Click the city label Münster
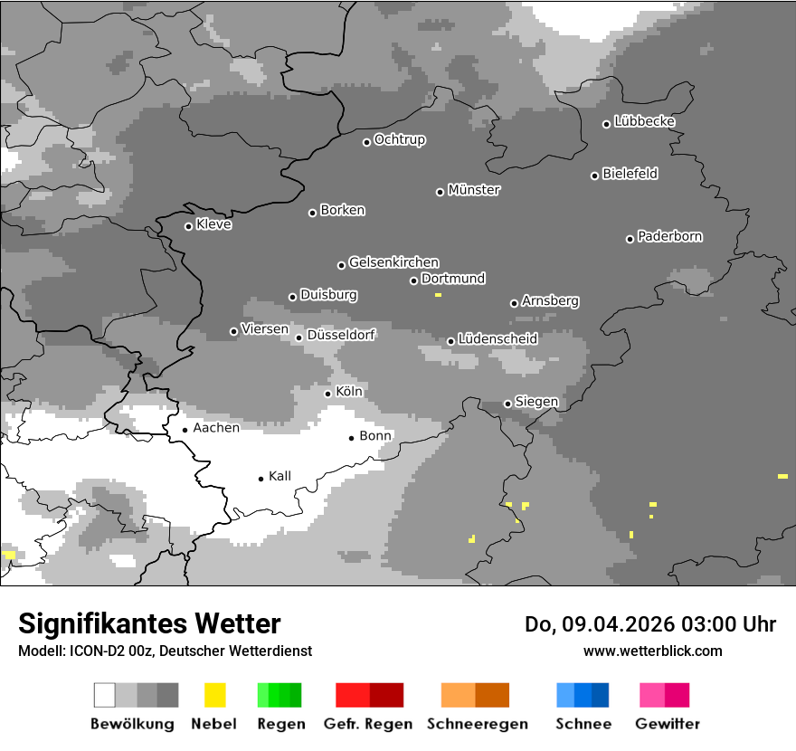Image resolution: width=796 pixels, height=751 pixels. click(474, 190)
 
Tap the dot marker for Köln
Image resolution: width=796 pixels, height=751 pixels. click(327, 394)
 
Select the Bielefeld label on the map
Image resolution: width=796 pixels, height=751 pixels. click(630, 174)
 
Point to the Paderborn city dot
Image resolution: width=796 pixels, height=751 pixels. click(630, 239)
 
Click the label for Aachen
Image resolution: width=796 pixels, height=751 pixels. click(216, 428)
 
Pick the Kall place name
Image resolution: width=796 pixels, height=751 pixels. click(280, 476)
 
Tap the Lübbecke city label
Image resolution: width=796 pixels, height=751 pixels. click(645, 121)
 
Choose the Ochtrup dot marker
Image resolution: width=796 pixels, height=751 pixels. click(366, 142)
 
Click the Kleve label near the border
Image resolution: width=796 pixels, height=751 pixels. click(214, 224)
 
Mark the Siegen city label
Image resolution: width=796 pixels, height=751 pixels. click(537, 402)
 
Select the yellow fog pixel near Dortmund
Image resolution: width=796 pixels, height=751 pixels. click(438, 295)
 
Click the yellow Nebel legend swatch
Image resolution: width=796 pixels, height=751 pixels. click(214, 695)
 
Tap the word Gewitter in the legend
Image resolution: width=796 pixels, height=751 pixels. click(668, 724)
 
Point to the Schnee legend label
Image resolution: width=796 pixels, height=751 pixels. click(583, 724)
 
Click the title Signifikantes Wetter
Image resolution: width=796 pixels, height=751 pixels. click(149, 623)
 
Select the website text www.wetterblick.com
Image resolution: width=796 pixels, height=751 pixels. click(652, 651)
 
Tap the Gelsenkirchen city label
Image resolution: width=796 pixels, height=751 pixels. click(393, 262)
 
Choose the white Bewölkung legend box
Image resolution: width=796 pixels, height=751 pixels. click(105, 695)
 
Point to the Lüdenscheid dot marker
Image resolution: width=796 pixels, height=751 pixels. click(450, 341)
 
